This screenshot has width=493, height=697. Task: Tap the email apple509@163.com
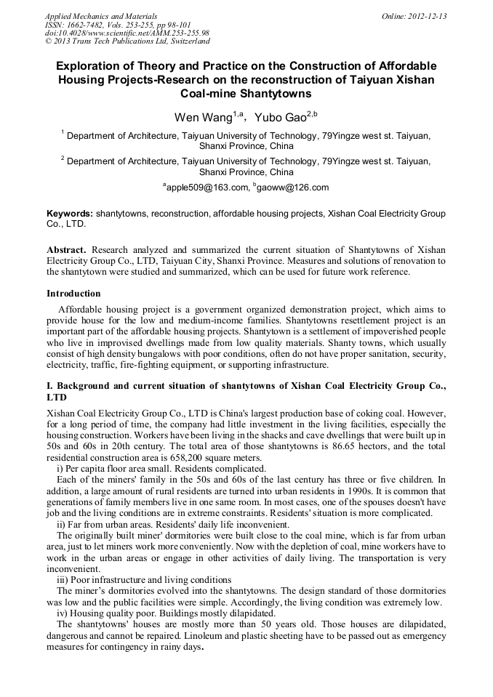[x=206, y=188]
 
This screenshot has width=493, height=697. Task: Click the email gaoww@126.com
[x=292, y=188]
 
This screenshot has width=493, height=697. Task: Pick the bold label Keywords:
[x=70, y=214]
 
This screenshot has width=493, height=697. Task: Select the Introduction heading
[x=73, y=294]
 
